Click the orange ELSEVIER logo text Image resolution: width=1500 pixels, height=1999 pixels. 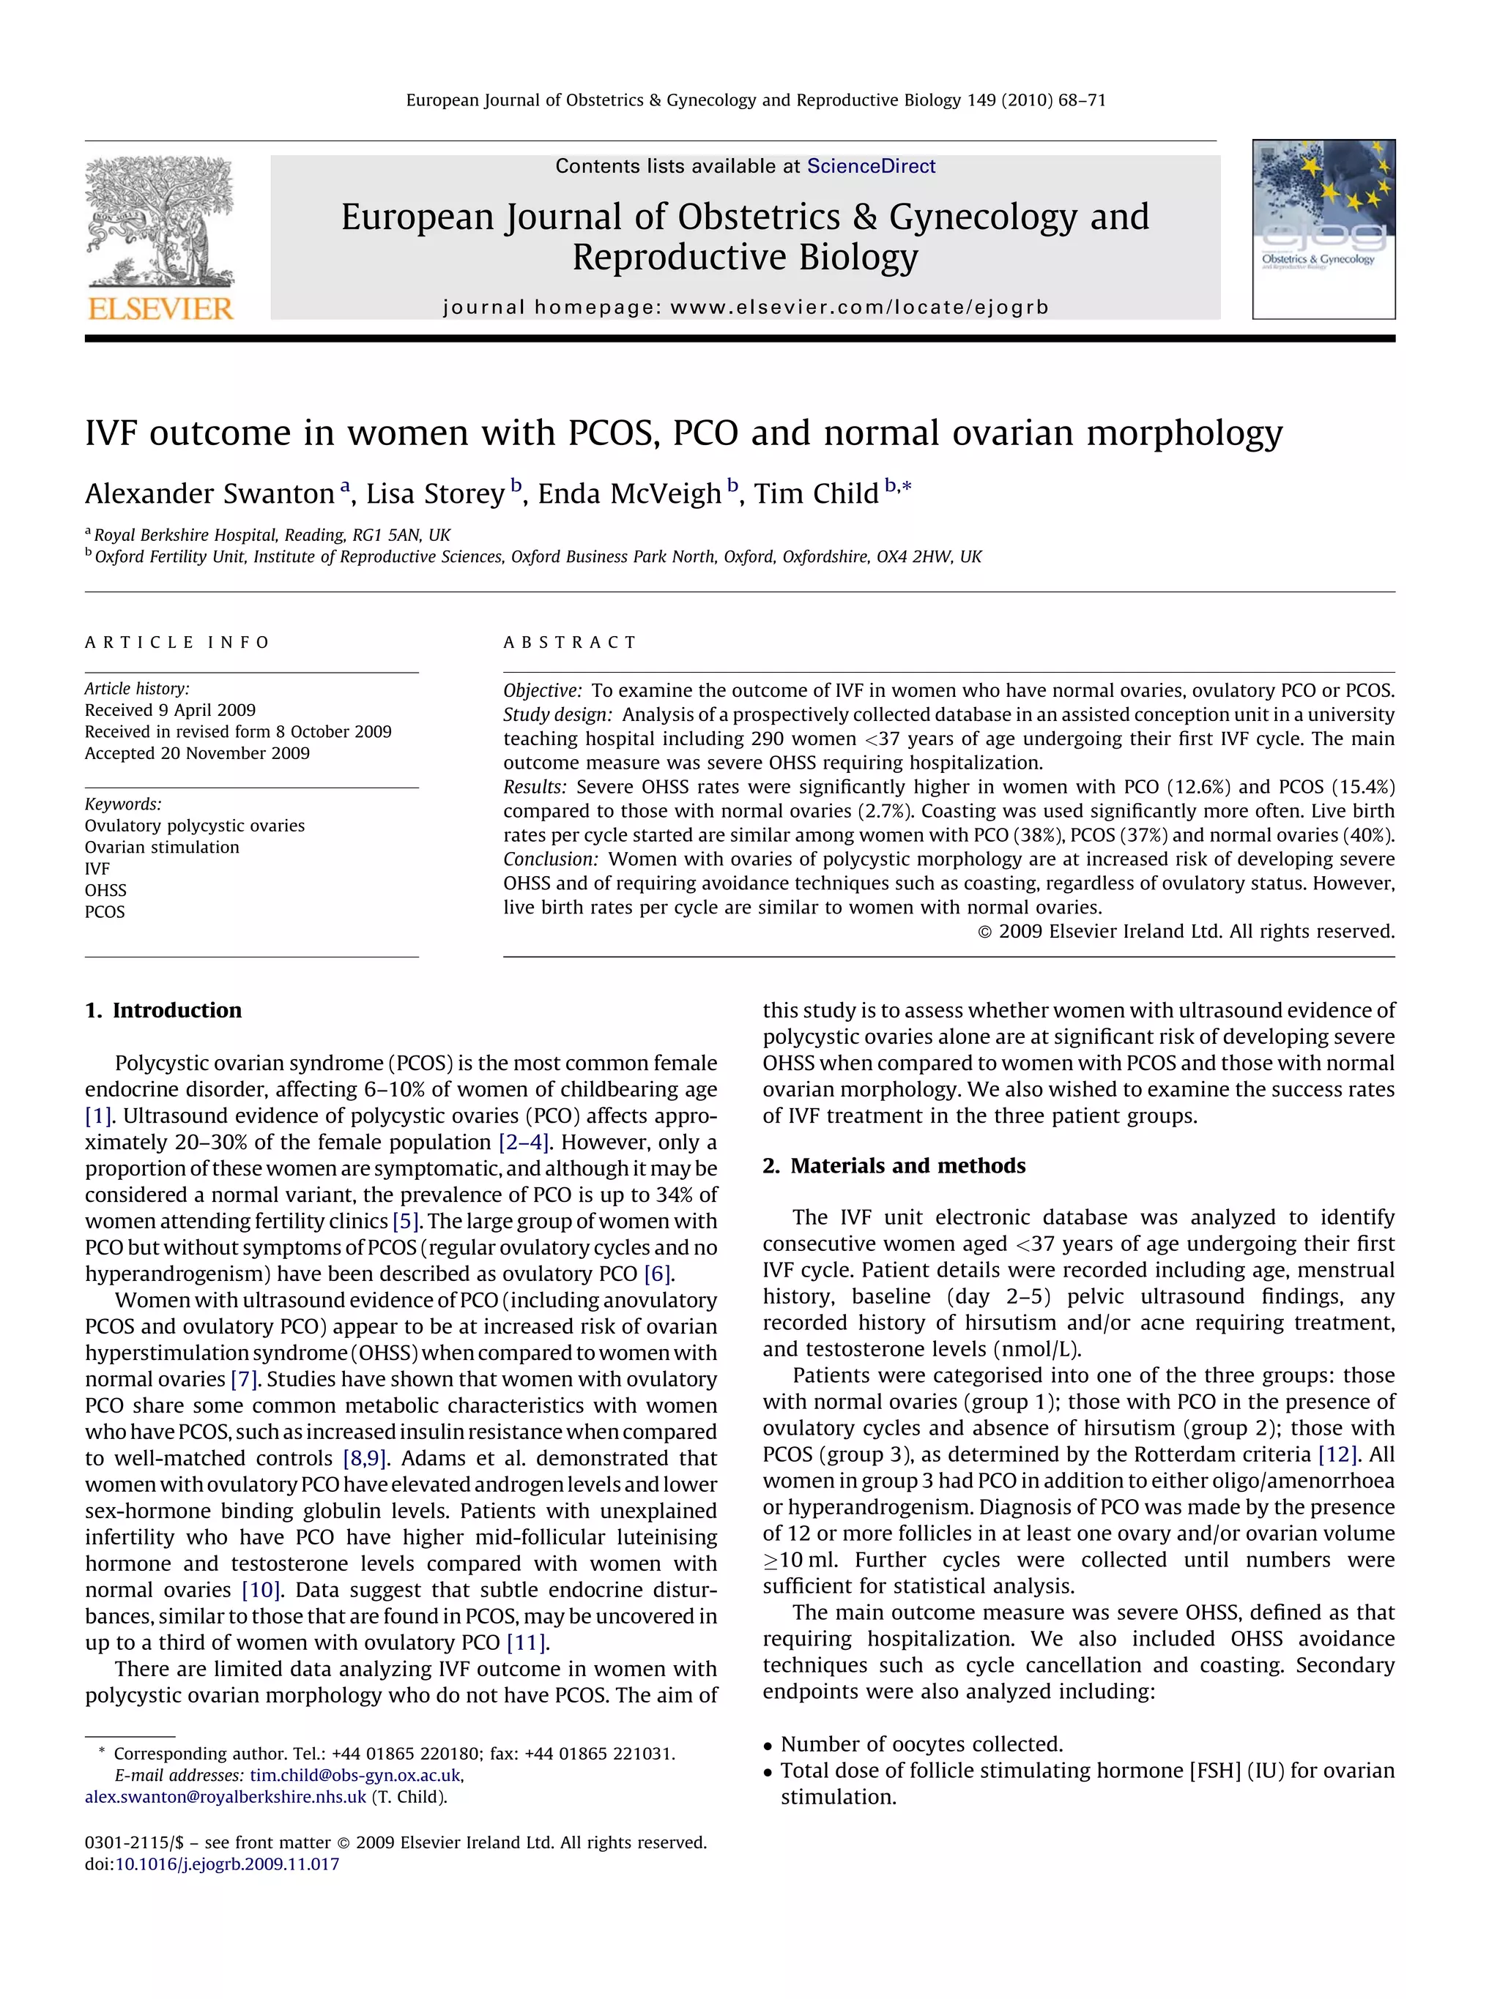(x=160, y=308)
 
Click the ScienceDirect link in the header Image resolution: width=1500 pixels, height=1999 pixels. (x=871, y=166)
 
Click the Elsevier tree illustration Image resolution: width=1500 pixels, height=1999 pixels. (x=160, y=221)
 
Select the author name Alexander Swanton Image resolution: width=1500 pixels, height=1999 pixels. (x=209, y=493)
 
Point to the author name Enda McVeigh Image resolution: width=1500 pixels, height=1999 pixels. (x=629, y=493)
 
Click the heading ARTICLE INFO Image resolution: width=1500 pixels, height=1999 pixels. (x=177, y=643)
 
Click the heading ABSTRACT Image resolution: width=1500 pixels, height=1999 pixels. (x=570, y=643)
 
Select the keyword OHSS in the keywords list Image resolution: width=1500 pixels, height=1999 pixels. (x=105, y=890)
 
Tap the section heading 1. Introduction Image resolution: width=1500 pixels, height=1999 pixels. (x=163, y=1010)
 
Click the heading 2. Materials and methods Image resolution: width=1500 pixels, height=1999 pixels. (x=894, y=1166)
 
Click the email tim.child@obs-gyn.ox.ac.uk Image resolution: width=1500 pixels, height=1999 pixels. (x=355, y=1775)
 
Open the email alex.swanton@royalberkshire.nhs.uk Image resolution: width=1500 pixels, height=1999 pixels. (x=225, y=1796)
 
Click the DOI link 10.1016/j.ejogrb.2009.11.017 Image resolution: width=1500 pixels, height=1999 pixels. (x=227, y=1864)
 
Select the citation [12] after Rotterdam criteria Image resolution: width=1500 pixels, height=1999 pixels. (x=1337, y=1455)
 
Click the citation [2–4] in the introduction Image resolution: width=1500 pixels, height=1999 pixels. (x=524, y=1143)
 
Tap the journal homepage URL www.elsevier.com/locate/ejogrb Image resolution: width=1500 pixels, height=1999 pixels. (x=859, y=307)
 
